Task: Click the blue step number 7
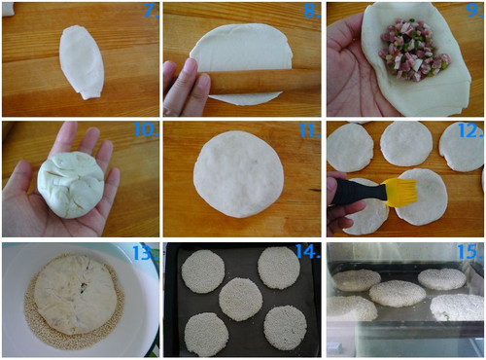pos(151,11)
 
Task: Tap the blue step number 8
pos(312,11)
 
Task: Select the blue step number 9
pos(474,11)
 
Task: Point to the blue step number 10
pos(146,129)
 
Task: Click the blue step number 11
pos(310,130)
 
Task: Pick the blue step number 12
pos(470,130)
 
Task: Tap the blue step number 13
pos(146,253)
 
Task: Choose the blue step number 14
pos(308,251)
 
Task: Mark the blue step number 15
pos(470,251)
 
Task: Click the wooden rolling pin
pos(260,82)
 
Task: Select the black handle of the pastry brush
pos(359,191)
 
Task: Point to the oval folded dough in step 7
pos(82,62)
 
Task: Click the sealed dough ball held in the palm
pos(71,184)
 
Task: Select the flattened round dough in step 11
pos(239,174)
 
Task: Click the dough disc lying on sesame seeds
pos(76,295)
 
